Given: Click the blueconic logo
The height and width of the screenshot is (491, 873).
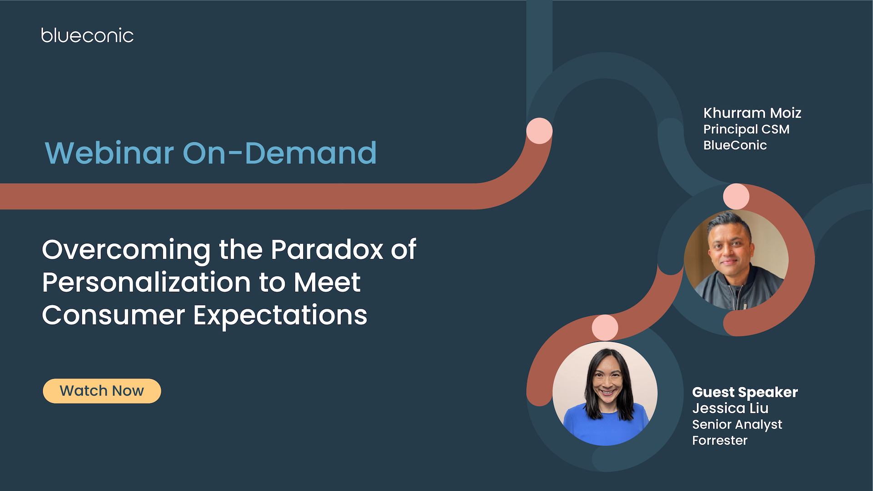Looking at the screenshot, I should pyautogui.click(x=87, y=35).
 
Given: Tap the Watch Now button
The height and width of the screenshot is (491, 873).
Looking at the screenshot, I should pyautogui.click(x=102, y=391).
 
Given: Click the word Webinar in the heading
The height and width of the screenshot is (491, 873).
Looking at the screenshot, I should pyautogui.click(x=109, y=153).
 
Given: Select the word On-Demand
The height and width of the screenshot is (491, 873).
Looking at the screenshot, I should pyautogui.click(x=280, y=153).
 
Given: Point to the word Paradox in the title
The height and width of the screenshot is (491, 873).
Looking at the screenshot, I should pyautogui.click(x=327, y=250).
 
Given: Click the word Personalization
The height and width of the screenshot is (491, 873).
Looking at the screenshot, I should pyautogui.click(x=146, y=282).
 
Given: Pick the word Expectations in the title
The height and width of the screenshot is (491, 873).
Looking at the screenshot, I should pyautogui.click(x=280, y=315).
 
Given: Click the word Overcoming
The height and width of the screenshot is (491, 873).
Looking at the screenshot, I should pyautogui.click(x=126, y=250).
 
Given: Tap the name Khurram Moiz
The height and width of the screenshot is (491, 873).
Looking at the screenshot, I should pyautogui.click(x=752, y=113).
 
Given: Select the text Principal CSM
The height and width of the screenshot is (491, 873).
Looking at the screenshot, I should pyautogui.click(x=746, y=129).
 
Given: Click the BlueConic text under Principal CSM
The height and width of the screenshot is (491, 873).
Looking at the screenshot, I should pyautogui.click(x=735, y=145).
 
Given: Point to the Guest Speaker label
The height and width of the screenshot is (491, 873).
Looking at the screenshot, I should pyautogui.click(x=745, y=392).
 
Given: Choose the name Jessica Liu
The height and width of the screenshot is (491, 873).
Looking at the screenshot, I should pyautogui.click(x=730, y=408).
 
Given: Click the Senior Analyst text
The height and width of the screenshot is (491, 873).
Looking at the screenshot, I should pyautogui.click(x=737, y=424).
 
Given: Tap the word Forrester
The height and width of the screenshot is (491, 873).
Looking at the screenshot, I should pyautogui.click(x=720, y=440).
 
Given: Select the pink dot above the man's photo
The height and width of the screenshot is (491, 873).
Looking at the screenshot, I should pyautogui.click(x=736, y=196).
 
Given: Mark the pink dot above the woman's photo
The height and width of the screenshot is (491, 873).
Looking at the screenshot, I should pyautogui.click(x=605, y=327).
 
